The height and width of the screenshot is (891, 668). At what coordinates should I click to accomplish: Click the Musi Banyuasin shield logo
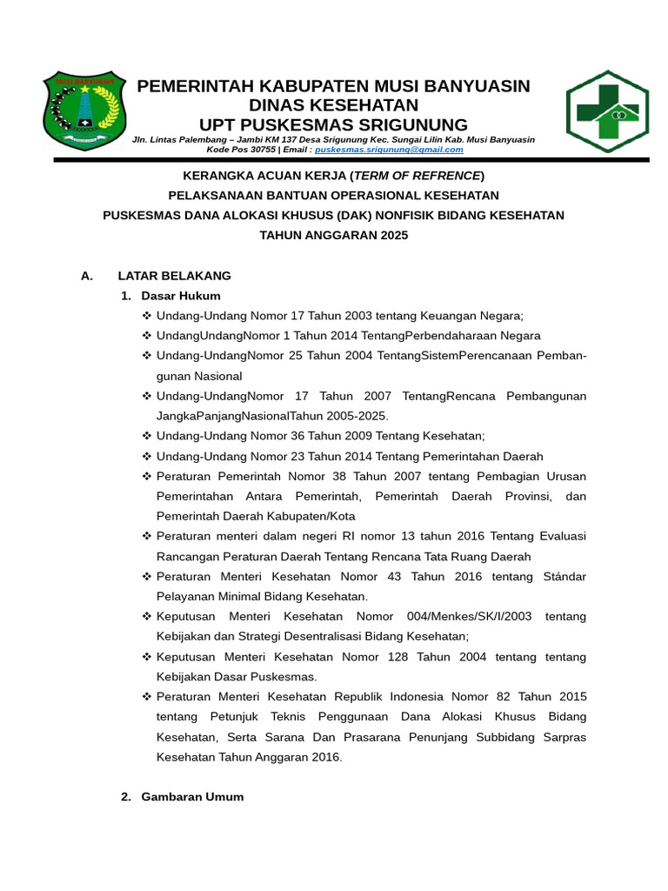(84, 111)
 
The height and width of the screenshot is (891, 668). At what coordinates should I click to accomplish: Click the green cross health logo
(607, 111)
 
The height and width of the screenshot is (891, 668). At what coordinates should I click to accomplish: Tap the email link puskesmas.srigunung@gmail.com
(389, 150)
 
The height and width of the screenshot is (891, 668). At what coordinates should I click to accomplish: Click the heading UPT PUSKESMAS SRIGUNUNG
(333, 124)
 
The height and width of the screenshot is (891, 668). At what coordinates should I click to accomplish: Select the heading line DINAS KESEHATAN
(333, 105)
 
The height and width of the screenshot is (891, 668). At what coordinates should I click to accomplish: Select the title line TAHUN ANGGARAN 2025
(333, 235)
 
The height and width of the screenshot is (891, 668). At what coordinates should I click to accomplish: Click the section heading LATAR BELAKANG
(174, 276)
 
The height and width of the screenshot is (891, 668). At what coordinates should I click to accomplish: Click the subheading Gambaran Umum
(192, 797)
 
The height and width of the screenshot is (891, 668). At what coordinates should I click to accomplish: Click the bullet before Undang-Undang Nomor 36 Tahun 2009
(147, 436)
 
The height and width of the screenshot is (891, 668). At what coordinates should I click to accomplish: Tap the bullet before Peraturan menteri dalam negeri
(147, 537)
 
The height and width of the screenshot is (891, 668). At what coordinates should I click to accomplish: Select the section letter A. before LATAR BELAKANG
(86, 276)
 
